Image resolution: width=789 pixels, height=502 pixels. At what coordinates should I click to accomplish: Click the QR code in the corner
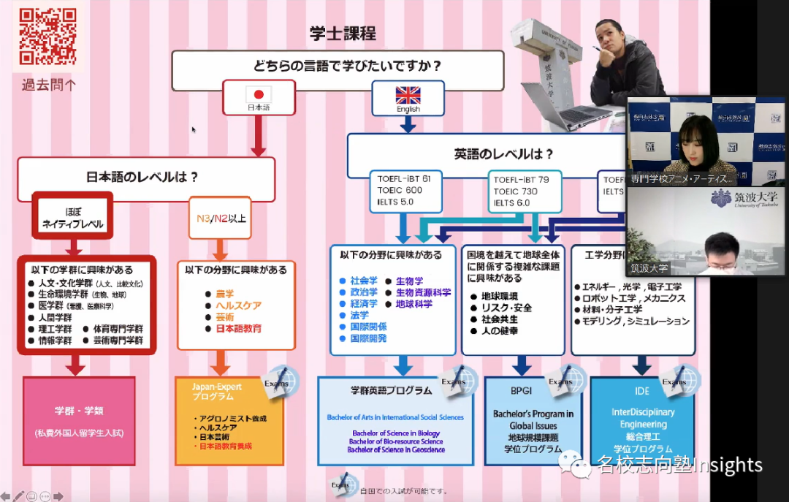pos(47,36)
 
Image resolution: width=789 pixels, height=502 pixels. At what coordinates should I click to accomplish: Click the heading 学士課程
pos(343,34)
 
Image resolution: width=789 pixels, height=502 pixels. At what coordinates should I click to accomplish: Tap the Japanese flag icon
pos(258,94)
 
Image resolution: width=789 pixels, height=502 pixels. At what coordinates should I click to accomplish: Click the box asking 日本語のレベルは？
pos(147,177)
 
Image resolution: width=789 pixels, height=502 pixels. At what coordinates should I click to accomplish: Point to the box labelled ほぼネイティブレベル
pos(72,217)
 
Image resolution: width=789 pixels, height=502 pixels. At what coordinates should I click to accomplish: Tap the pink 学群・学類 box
pos(79,420)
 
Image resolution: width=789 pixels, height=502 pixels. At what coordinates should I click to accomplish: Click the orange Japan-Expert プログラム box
pos(229,422)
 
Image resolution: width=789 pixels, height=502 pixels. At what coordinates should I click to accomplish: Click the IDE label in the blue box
pos(642,391)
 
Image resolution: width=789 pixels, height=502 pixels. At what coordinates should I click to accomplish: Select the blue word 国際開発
pos(368,338)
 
